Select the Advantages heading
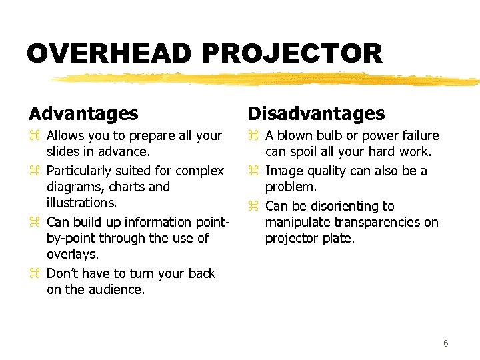(83, 114)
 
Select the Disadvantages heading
(317, 114)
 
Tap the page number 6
(445, 343)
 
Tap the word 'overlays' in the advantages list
(71, 254)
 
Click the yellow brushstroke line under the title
(267, 79)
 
